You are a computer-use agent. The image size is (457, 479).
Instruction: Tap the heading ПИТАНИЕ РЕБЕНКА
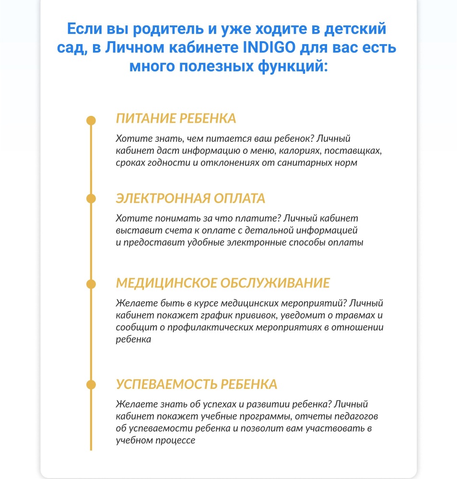pyautogui.click(x=176, y=119)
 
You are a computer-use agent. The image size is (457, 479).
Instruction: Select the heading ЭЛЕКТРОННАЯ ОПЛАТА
pyautogui.click(x=190, y=198)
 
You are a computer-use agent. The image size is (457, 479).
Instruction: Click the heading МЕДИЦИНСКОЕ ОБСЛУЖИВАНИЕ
pyautogui.click(x=223, y=283)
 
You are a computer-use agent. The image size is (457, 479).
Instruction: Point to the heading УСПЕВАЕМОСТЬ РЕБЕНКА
pyautogui.click(x=197, y=384)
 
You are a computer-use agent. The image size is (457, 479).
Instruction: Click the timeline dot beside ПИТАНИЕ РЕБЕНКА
pyautogui.click(x=91, y=120)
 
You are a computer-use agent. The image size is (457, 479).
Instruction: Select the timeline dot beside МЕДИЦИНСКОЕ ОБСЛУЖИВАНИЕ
pyautogui.click(x=91, y=284)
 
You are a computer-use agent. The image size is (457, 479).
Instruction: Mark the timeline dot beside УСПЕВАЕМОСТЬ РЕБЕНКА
pyautogui.click(x=91, y=384)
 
